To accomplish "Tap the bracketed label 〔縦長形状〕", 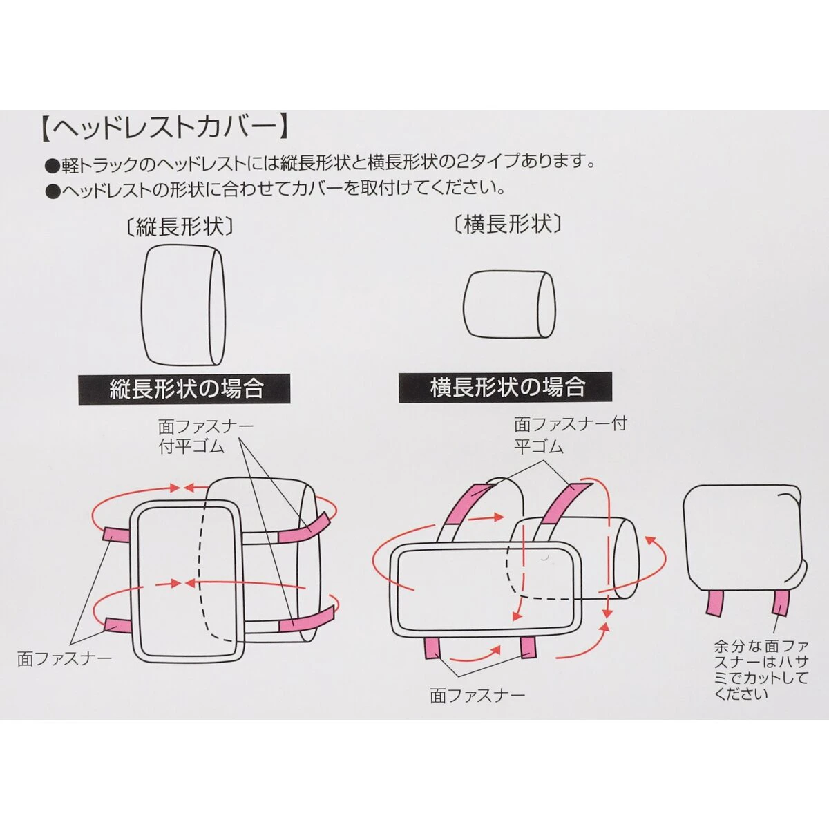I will [181, 227].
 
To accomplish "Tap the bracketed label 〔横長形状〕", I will [508, 225].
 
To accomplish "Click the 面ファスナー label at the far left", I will [64, 658].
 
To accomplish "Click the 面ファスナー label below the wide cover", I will [477, 694].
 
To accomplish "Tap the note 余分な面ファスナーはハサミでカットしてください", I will [760, 670].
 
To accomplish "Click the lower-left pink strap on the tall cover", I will [118, 625].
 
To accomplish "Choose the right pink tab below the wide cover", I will [528, 647].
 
